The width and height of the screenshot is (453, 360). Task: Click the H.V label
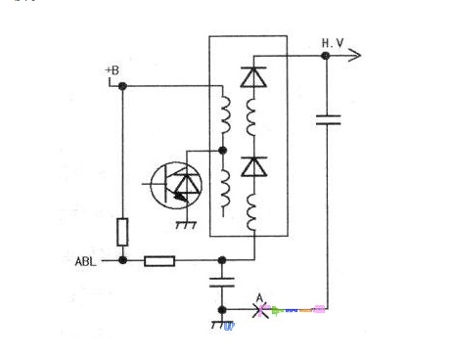tap(333, 43)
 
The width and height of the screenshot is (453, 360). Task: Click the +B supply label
tap(113, 70)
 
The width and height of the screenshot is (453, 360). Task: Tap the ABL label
tap(86, 261)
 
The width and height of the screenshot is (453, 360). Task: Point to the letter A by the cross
tap(259, 298)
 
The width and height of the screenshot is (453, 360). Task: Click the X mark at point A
tap(261, 310)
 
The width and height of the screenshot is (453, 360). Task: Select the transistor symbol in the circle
tap(176, 185)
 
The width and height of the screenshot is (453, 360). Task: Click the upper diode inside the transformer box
tap(253, 77)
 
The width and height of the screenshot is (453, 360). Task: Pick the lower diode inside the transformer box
tap(253, 166)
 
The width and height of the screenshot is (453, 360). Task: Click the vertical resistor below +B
tap(122, 232)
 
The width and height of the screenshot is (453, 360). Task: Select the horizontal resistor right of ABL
tap(159, 261)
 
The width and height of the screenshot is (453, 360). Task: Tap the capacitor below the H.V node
tap(328, 119)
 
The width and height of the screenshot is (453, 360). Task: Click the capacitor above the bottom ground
tap(222, 283)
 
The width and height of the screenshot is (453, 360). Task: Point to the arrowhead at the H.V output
tap(355, 55)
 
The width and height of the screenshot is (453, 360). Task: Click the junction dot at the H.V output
tap(326, 56)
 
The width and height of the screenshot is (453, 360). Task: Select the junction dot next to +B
tap(122, 86)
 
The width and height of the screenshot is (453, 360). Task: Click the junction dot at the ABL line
tap(122, 260)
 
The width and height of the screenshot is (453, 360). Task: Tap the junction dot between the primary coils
tap(222, 151)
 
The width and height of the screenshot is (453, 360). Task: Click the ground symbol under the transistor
tap(186, 225)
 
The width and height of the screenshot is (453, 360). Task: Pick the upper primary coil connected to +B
tap(226, 115)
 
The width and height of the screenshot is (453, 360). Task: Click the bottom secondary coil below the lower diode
tap(251, 212)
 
